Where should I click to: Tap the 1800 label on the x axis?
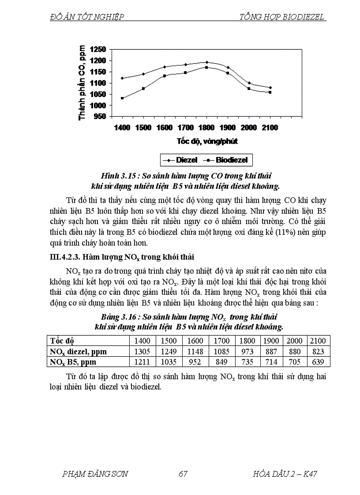click(206, 128)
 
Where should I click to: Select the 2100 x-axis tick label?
click(270, 128)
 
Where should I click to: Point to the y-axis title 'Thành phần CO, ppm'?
click(82, 82)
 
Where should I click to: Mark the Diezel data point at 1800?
click(206, 62)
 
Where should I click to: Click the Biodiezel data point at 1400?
click(122, 98)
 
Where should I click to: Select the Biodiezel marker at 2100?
click(270, 92)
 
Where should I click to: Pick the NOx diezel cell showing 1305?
click(142, 351)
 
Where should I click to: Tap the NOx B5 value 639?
click(317, 362)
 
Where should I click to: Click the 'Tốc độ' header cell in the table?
click(63, 341)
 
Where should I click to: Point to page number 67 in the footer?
click(184, 474)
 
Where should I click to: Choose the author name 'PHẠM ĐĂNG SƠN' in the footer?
click(96, 474)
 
